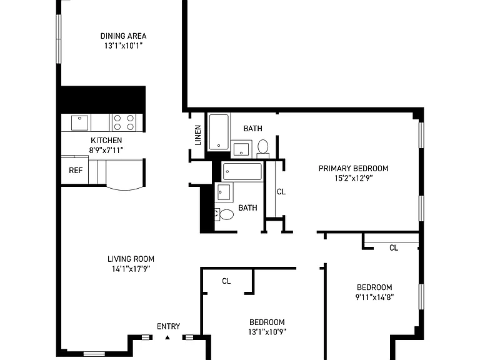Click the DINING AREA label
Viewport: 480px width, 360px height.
(x=123, y=36)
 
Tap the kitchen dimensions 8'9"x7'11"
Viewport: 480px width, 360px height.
(x=106, y=150)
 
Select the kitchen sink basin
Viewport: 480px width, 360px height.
(x=79, y=122)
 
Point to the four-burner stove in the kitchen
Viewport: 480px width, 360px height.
(x=124, y=122)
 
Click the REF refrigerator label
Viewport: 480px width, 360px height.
(x=76, y=170)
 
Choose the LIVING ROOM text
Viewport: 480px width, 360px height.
(x=131, y=259)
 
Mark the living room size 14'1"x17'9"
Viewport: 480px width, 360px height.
(x=131, y=269)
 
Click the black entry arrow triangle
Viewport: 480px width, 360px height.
(x=167, y=337)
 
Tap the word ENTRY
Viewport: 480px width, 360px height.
(x=168, y=326)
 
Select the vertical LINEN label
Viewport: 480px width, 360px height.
(x=198, y=135)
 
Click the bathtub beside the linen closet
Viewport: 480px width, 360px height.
(x=219, y=132)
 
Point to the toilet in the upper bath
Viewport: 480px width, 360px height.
(x=262, y=149)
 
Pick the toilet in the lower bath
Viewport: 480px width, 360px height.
(x=224, y=214)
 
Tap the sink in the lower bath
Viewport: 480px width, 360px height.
(x=224, y=192)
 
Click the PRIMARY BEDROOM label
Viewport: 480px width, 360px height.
(x=353, y=168)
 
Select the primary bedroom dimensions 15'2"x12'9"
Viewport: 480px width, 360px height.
(x=353, y=178)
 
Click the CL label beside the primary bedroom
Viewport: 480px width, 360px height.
(x=281, y=192)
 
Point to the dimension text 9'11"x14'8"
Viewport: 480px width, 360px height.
(x=374, y=297)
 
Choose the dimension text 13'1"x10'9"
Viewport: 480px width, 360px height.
(x=267, y=332)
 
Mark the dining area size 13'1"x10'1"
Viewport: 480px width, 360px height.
(x=123, y=46)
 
